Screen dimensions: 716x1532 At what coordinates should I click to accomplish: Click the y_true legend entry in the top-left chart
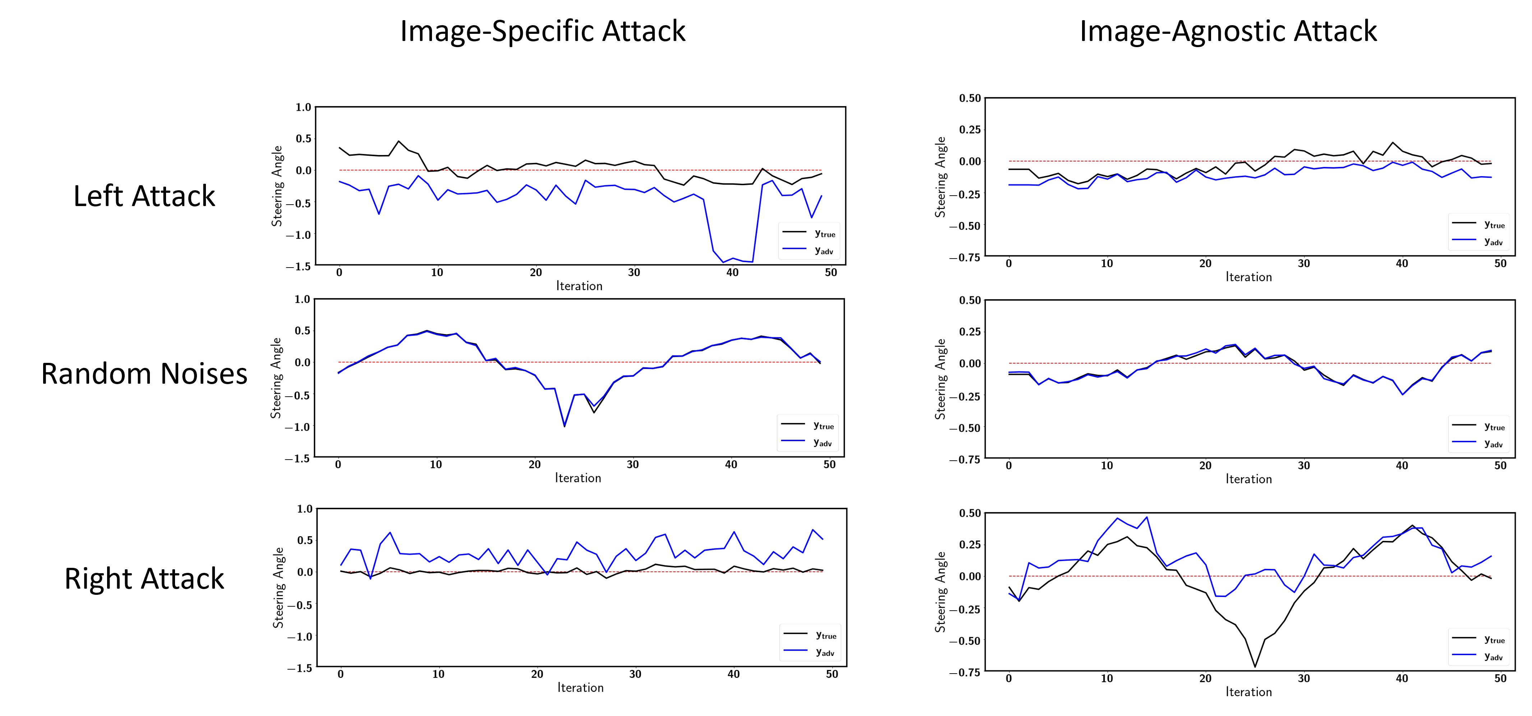pos(824,234)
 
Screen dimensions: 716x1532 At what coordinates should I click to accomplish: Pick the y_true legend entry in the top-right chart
pos(1494,225)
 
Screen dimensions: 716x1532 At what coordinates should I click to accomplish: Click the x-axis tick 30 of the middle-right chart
pos(1303,465)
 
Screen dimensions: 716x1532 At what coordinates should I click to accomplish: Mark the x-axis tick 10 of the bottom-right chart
pos(1106,679)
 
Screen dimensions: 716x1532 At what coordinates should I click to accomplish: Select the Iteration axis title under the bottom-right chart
pos(1248,692)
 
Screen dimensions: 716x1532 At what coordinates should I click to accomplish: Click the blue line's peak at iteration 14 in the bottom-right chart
pos(1146,517)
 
